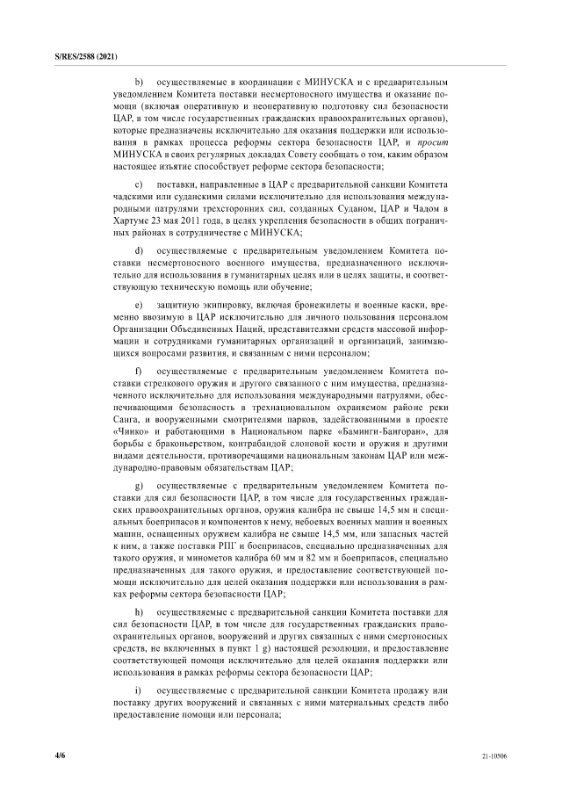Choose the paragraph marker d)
click(138, 251)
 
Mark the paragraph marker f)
click(138, 372)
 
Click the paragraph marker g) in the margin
click(138, 485)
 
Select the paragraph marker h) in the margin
click(138, 611)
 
